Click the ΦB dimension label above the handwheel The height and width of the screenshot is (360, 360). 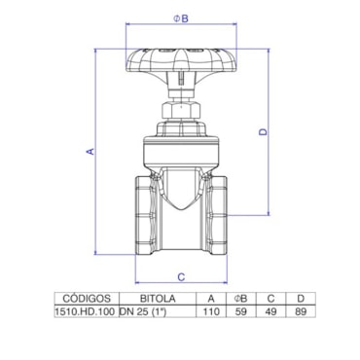coord(181,18)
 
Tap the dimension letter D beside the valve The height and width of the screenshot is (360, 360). coord(263,131)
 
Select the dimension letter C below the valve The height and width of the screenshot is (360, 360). coord(181,277)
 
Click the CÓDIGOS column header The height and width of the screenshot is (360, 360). coord(87,298)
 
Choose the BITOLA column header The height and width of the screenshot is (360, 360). coord(158,298)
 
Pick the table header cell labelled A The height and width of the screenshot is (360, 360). coord(211,299)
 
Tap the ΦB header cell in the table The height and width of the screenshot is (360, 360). coord(240,299)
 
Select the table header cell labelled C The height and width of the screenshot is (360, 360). coord(270,299)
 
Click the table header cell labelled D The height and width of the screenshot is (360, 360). coord(301,299)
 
